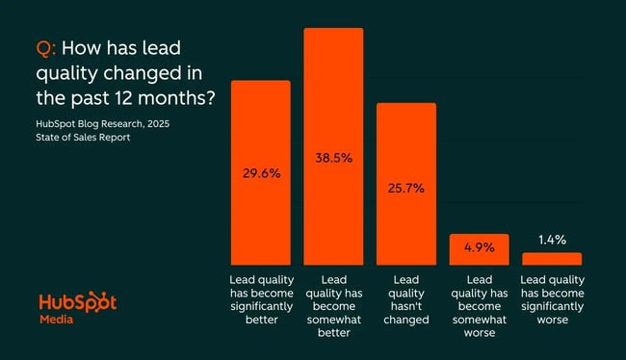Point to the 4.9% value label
[478, 247]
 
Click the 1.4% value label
[551, 240]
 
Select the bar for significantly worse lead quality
[551, 259]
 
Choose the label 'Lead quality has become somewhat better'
[333, 305]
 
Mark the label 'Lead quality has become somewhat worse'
[478, 305]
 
